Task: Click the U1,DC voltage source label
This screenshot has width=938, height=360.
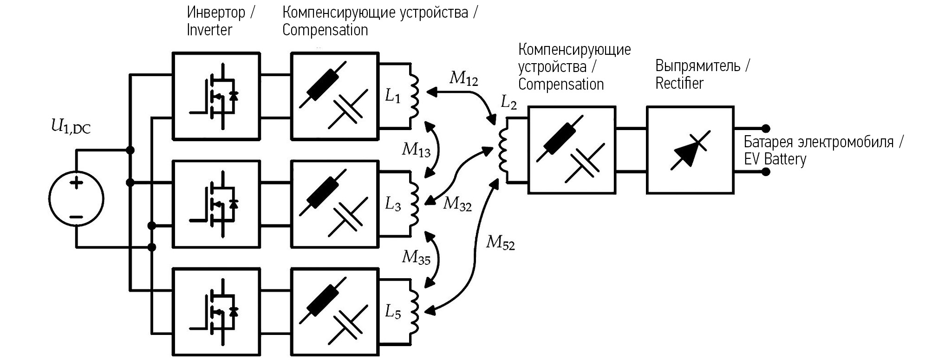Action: (x=71, y=127)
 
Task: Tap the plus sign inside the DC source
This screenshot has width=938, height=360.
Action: (x=76, y=182)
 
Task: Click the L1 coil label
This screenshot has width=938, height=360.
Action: (x=393, y=96)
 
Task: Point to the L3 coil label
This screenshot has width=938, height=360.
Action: (x=393, y=204)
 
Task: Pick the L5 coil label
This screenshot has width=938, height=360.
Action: (x=393, y=313)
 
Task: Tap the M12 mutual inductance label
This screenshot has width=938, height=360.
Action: (x=463, y=79)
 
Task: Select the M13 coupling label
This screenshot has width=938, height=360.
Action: (x=416, y=150)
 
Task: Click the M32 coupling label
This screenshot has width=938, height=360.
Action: (x=457, y=203)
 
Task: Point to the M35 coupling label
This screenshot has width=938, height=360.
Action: (x=416, y=257)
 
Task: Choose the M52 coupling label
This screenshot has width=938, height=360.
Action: (x=500, y=242)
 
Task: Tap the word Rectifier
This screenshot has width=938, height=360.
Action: (x=679, y=84)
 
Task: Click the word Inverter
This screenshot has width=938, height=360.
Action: (x=209, y=30)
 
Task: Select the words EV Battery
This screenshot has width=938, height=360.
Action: (x=775, y=159)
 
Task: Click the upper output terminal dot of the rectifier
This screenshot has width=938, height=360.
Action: (x=766, y=128)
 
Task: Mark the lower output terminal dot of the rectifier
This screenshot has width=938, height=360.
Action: (x=766, y=172)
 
